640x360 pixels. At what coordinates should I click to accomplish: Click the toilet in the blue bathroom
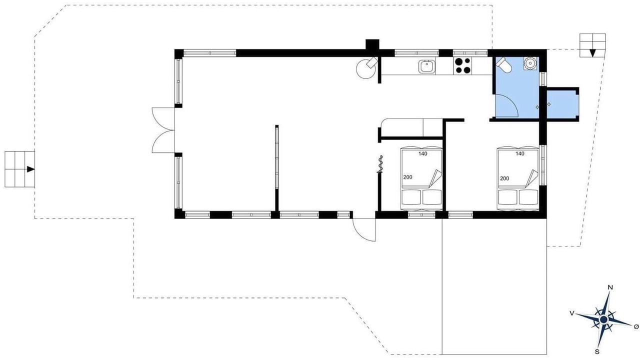[x=504, y=65]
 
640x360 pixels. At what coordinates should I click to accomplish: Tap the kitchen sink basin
[x=427, y=67]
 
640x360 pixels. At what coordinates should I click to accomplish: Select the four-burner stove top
[x=463, y=65]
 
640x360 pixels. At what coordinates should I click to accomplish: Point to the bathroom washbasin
[x=530, y=63]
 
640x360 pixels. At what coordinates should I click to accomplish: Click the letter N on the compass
[x=610, y=287]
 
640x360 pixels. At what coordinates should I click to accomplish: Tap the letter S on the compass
[x=597, y=351]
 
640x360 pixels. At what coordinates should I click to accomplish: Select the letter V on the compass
[x=572, y=313]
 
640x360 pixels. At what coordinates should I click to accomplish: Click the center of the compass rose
[x=603, y=319]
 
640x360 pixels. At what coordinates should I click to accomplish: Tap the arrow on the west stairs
[x=31, y=169]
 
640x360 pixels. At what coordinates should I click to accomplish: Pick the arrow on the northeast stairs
[x=592, y=53]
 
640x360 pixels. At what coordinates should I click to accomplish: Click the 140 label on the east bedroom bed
[x=520, y=153]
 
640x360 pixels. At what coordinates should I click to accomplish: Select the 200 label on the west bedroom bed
[x=407, y=177]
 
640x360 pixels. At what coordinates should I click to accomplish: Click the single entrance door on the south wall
[x=363, y=229]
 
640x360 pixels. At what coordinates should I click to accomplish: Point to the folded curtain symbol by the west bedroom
[x=380, y=164]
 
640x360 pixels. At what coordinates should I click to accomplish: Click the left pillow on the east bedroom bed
[x=507, y=197]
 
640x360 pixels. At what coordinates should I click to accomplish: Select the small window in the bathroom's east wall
[x=543, y=79]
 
